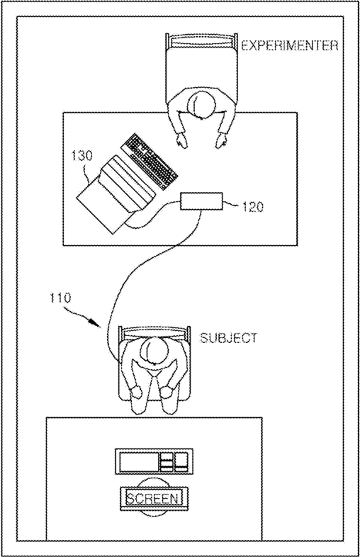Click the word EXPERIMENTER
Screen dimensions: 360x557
pos(290,46)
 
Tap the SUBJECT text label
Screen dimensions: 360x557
pos(228,337)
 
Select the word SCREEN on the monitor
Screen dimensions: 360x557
pos(152,498)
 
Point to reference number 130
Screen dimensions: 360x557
pos(81,156)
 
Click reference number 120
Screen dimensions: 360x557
pos(253,207)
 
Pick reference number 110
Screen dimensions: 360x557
pos(60,298)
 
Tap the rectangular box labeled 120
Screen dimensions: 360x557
pos(201,201)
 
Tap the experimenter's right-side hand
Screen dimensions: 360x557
pos(222,140)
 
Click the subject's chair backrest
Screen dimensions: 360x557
pos(154,332)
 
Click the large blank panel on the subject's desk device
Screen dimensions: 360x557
pos(139,462)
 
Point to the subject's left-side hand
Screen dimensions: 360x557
pos(135,392)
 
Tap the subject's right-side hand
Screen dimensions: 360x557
pos(167,392)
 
